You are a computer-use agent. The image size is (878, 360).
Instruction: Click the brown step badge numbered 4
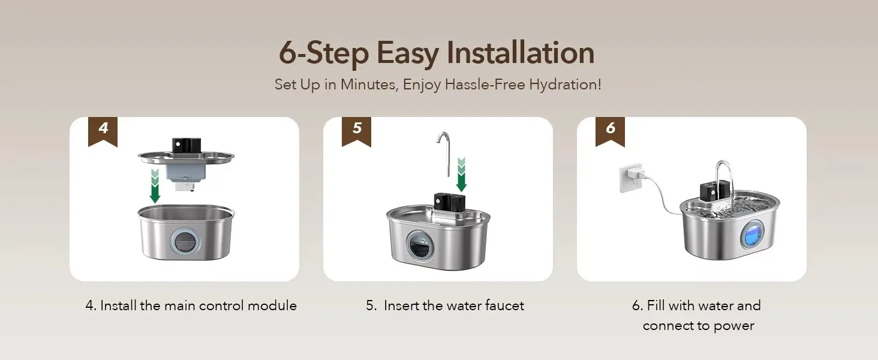103,131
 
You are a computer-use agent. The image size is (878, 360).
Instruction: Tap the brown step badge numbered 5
356,131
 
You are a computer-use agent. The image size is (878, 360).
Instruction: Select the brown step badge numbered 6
610,131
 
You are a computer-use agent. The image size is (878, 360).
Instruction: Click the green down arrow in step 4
155,186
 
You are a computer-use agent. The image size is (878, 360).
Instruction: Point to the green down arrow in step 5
461,175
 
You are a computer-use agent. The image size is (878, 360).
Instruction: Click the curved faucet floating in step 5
444,153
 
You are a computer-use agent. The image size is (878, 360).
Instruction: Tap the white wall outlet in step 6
630,178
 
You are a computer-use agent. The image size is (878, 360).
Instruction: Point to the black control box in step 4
187,145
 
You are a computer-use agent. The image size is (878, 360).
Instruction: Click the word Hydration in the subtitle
565,85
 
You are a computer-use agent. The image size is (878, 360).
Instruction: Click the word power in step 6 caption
733,326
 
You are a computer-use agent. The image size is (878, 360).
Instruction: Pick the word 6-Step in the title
324,53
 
